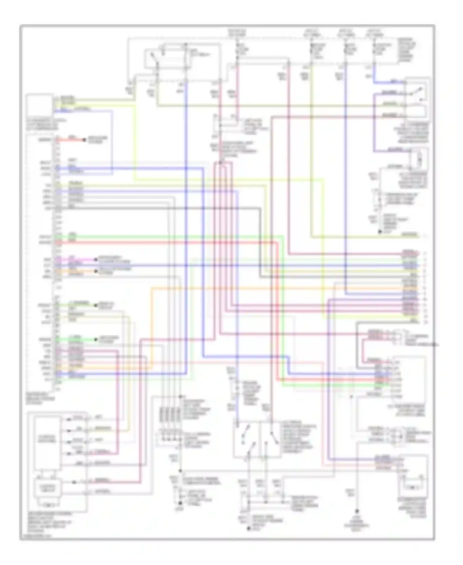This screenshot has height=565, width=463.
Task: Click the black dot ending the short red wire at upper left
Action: (x=84, y=140)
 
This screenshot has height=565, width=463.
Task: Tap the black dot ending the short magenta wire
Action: (x=94, y=260)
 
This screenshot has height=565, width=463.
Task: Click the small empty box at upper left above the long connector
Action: (x=39, y=105)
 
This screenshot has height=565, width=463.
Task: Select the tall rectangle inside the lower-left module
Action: (x=47, y=443)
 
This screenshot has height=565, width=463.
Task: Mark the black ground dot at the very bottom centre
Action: (x=248, y=529)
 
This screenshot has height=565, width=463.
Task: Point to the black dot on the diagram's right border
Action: (x=436, y=344)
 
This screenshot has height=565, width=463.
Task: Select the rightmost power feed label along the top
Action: (x=374, y=33)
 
